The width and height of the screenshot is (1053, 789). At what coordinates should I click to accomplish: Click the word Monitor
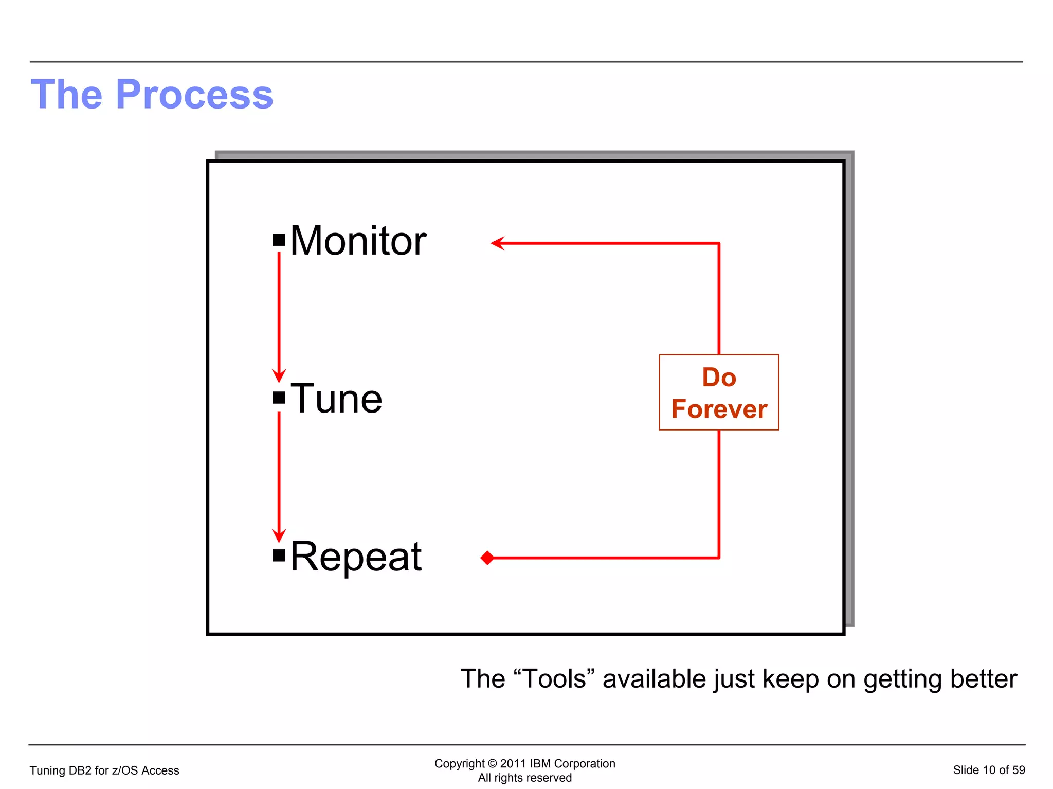(358, 241)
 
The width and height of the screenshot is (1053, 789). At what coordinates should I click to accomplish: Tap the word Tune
(336, 399)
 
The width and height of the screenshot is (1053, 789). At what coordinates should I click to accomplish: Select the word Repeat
(356, 557)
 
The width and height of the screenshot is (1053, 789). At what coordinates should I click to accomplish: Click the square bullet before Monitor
(279, 240)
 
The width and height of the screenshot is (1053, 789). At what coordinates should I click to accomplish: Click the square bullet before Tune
(279, 398)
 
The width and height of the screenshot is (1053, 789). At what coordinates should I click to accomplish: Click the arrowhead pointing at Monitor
(497, 243)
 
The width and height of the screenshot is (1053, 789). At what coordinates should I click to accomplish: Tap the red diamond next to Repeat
(487, 558)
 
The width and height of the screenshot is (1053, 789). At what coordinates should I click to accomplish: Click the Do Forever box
(719, 392)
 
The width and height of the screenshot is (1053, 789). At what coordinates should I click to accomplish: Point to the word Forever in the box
(719, 409)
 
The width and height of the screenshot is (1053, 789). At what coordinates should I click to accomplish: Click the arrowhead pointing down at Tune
(279, 376)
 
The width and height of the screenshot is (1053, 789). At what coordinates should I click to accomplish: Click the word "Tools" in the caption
(554, 679)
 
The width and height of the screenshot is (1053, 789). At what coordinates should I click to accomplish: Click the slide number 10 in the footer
(989, 770)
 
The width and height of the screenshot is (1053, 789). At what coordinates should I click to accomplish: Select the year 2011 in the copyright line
(513, 763)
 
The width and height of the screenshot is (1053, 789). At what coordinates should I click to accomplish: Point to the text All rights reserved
(524, 778)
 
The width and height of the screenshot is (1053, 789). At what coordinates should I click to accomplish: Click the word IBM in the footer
(540, 763)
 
